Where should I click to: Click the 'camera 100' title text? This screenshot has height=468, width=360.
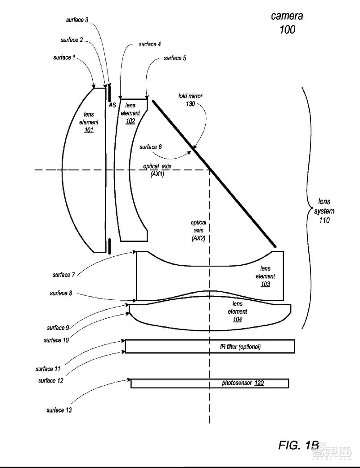tap(287, 23)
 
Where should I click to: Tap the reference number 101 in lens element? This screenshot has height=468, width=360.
tap(88, 130)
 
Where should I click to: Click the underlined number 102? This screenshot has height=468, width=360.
tap(130, 121)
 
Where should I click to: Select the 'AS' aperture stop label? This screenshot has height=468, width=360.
tap(112, 105)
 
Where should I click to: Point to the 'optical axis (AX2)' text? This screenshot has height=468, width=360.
tap(198, 230)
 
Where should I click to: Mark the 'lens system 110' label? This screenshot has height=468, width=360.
tap(324, 211)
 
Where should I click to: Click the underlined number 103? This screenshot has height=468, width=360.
tap(265, 284)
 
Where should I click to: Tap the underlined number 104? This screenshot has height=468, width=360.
tap(237, 319)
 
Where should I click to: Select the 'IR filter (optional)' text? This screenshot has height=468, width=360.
tap(237, 347)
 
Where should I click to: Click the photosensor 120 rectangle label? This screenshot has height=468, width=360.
tap(243, 383)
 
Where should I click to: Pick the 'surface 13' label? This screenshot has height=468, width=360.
tap(59, 410)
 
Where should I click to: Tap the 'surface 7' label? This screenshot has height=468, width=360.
tap(61, 275)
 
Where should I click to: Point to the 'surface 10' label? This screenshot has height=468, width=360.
tap(56, 340)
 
